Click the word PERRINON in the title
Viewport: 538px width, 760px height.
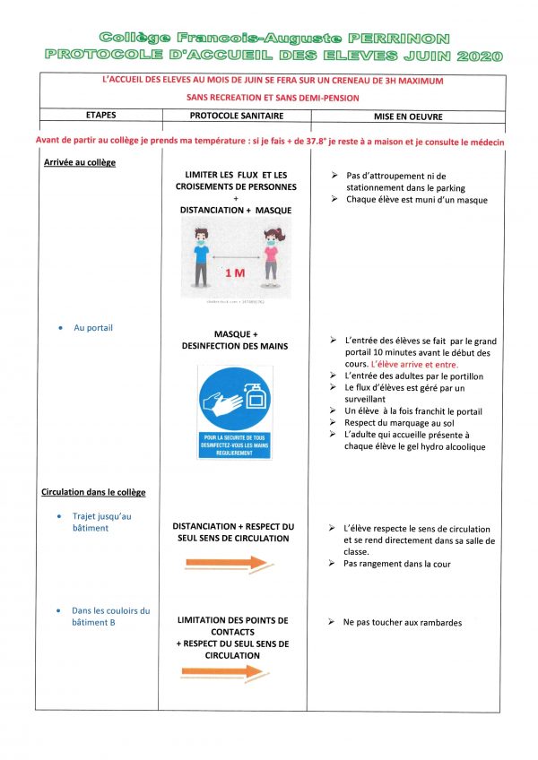click(x=399, y=38)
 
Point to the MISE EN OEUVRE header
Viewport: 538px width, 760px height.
click(x=410, y=117)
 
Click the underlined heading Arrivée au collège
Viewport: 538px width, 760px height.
click(x=80, y=162)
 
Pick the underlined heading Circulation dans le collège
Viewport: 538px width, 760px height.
click(x=93, y=492)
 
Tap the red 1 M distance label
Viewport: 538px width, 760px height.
click(x=234, y=272)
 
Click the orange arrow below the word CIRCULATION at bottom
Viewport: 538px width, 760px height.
click(x=226, y=671)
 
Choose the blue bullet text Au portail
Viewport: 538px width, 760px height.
click(x=93, y=328)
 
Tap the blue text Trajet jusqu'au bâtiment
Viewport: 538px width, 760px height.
click(x=102, y=522)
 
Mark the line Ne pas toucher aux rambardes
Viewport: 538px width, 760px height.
click(x=403, y=622)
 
